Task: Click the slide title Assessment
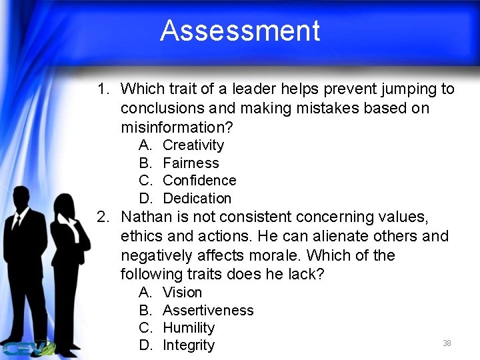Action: click(240, 31)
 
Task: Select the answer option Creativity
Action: click(193, 145)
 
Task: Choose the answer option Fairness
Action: click(191, 163)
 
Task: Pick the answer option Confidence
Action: click(199, 181)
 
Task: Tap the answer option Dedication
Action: click(197, 198)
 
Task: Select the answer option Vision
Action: click(182, 293)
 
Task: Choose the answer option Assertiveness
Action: click(208, 310)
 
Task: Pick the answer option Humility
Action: click(189, 328)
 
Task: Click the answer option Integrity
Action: click(189, 345)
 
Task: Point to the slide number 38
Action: click(447, 343)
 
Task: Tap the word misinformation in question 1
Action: click(176, 127)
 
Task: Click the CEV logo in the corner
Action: click(27, 347)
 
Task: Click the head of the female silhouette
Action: click(66, 207)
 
